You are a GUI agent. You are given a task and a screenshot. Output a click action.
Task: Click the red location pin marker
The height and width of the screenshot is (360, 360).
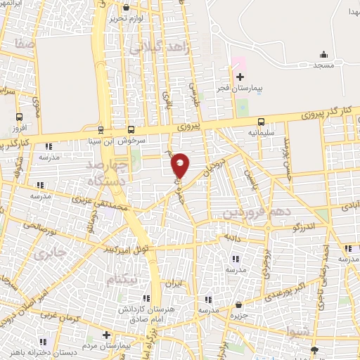pyautogui.click(x=180, y=165)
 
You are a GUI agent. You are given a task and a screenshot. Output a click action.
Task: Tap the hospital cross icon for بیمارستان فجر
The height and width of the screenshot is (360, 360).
pyautogui.click(x=240, y=77)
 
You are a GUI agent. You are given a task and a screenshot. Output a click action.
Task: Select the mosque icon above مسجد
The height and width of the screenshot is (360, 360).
pyautogui.click(x=323, y=54)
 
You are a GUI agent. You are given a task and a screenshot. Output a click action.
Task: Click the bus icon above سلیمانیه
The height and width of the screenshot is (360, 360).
pyautogui.click(x=261, y=121)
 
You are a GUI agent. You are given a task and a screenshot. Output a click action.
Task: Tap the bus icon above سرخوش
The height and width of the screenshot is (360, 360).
pyautogui.click(x=131, y=129)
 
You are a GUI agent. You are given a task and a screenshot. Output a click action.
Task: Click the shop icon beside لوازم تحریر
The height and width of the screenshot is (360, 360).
pyautogui.click(x=126, y=7)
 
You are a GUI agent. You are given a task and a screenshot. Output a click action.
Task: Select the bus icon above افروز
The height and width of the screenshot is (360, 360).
pyautogui.click(x=18, y=117)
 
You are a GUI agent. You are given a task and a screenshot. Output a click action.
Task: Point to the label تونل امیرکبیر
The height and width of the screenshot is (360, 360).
pyautogui.click(x=129, y=249)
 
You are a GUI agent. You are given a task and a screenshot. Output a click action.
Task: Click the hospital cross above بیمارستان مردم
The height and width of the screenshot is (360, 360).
pyautogui.click(x=106, y=335)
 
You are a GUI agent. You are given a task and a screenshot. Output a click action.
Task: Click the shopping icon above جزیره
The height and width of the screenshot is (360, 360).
pyautogui.click(x=239, y=305)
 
